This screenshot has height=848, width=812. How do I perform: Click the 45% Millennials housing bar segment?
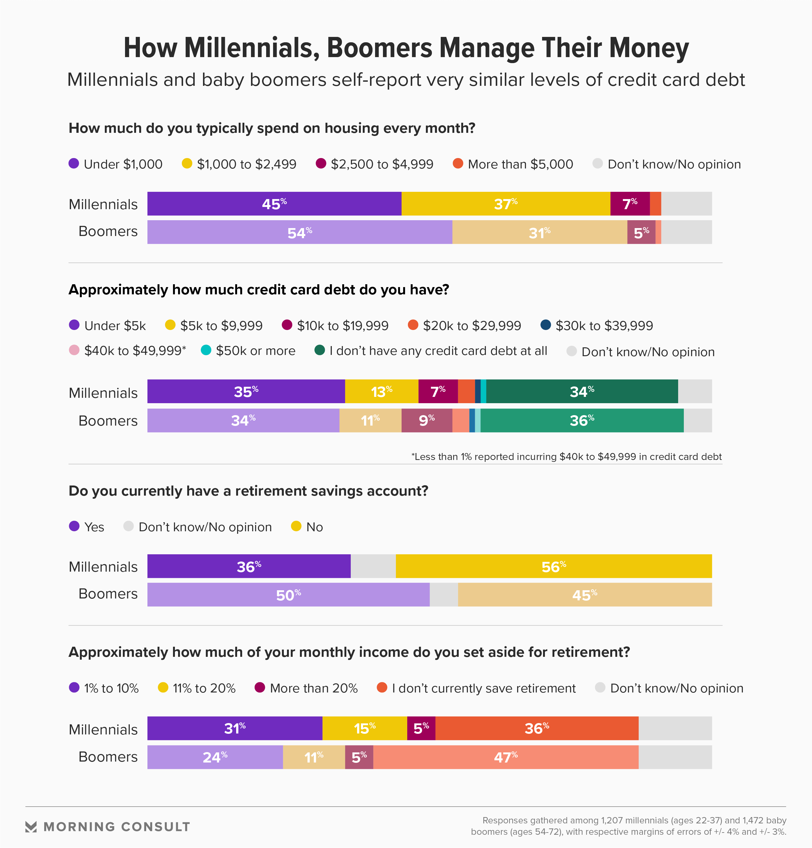(x=274, y=204)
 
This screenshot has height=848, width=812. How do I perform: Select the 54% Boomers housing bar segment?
(x=300, y=232)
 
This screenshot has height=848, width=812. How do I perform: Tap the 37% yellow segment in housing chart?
(x=505, y=204)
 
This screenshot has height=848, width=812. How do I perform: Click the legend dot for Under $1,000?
(x=74, y=163)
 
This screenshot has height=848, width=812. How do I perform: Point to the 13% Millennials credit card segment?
(x=381, y=392)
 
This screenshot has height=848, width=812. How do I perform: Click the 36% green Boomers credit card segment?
(x=582, y=420)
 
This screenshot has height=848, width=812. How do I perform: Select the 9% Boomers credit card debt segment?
(x=427, y=420)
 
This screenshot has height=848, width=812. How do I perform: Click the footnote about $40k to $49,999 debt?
(x=566, y=456)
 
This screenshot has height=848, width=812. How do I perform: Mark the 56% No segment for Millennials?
(x=554, y=566)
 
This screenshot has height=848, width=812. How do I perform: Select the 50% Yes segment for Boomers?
(x=288, y=595)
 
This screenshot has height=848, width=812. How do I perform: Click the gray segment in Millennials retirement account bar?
(x=373, y=566)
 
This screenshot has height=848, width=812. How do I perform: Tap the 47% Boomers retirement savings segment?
(x=505, y=757)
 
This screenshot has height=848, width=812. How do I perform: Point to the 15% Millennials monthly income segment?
(x=364, y=728)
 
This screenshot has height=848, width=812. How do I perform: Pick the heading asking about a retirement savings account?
(x=248, y=491)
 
